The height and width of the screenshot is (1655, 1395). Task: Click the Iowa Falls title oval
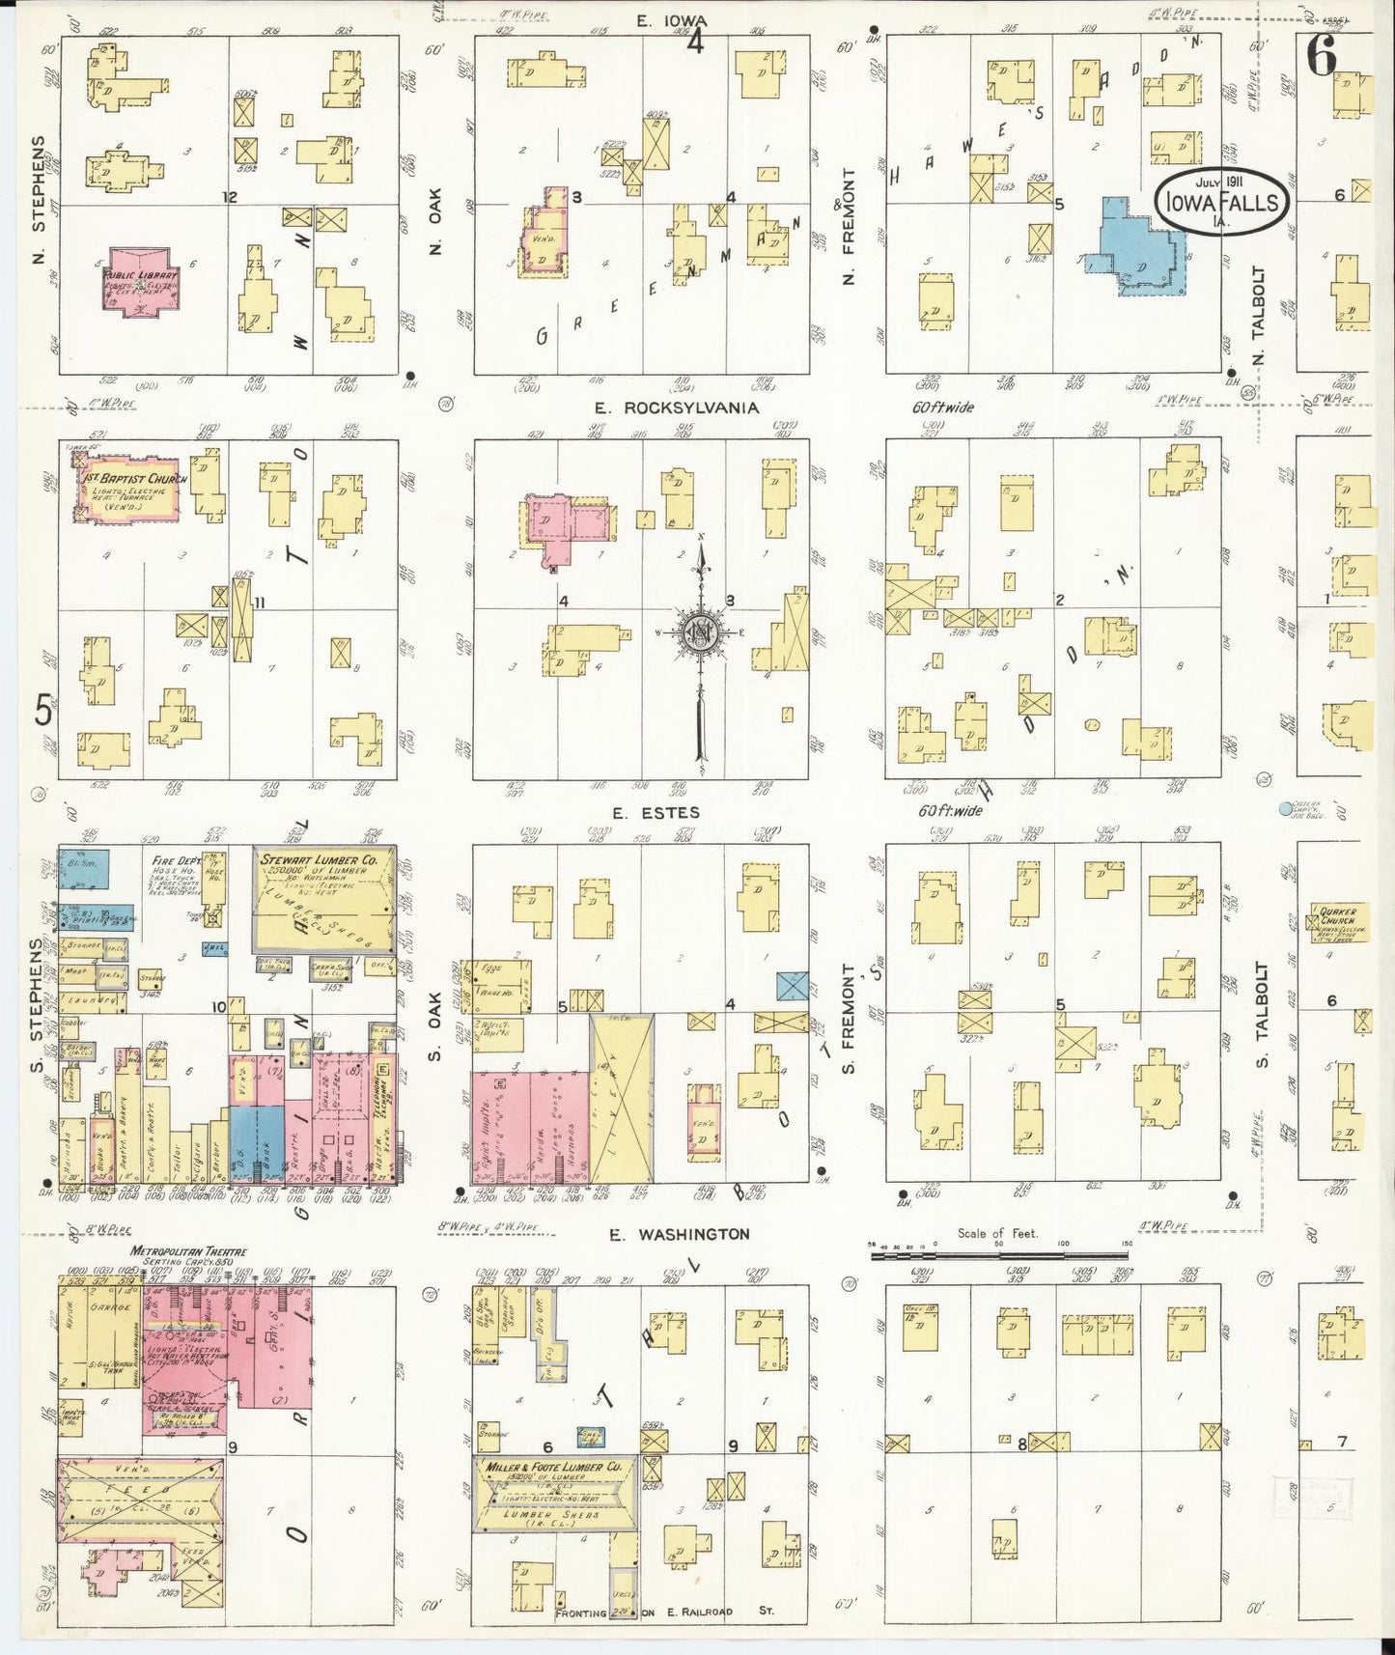point(1223,202)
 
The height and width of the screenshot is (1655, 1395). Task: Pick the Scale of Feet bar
point(999,1256)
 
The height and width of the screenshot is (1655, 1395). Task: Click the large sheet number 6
point(1321,57)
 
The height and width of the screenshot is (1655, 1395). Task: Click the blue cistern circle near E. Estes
point(1285,810)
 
